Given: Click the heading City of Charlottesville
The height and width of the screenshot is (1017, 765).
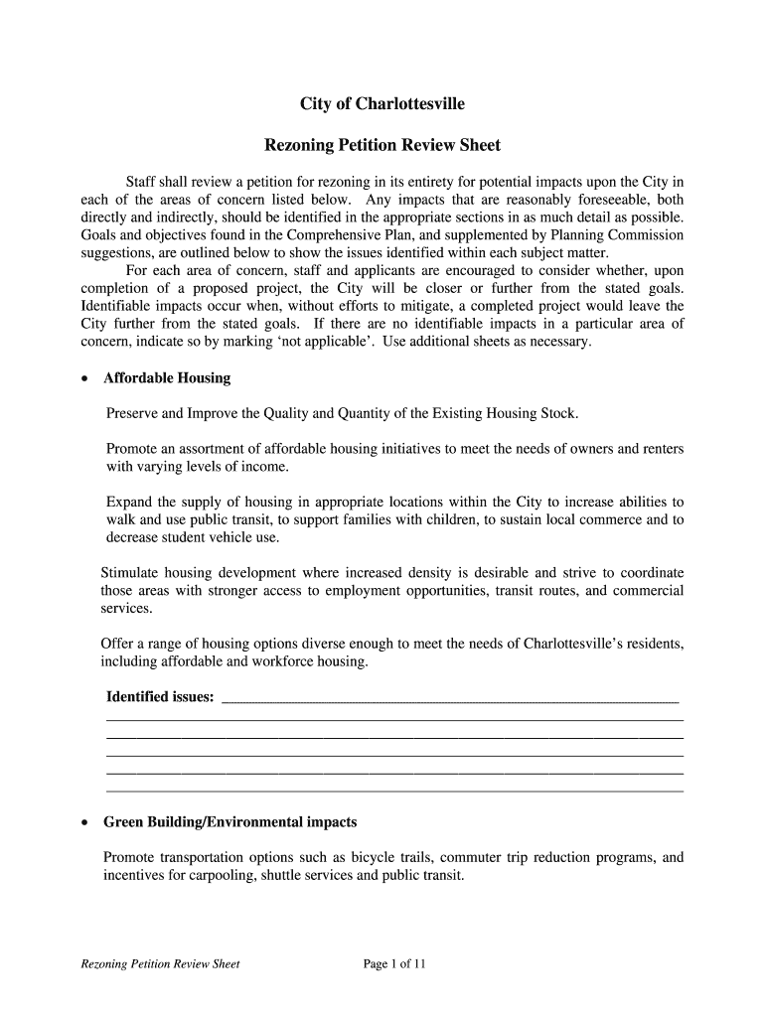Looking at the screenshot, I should coord(382,104).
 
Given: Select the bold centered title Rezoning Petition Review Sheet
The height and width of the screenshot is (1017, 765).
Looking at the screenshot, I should coord(382,146).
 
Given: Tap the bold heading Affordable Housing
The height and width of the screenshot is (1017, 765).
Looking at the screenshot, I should coord(167,378).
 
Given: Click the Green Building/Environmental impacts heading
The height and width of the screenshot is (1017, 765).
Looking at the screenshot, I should coord(229,822).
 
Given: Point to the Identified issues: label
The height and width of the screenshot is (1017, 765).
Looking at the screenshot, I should coord(160,697).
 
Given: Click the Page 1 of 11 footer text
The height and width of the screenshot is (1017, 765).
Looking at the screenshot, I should coord(394,963).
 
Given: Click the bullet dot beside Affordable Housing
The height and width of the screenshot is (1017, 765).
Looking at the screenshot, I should coord(86,379).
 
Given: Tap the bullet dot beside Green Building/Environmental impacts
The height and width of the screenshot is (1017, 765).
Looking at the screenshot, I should coord(86,823).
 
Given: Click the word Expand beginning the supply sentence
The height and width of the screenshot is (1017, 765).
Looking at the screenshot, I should coord(128,502).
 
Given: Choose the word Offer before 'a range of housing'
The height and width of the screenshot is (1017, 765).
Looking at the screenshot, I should coord(118,644).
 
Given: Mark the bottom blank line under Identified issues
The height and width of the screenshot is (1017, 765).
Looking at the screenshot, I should coord(394,791).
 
